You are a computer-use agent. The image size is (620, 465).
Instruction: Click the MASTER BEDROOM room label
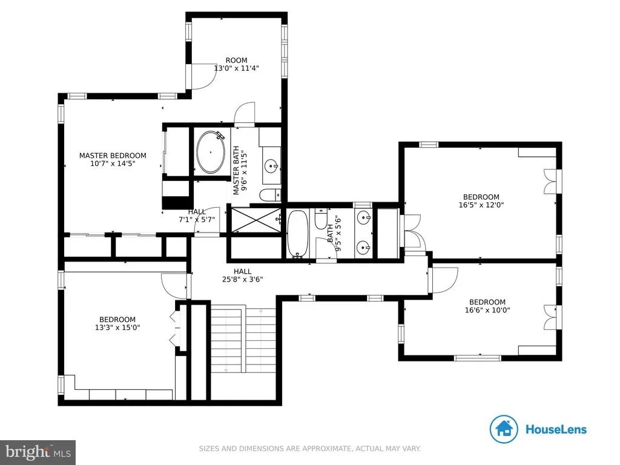coord(113,156)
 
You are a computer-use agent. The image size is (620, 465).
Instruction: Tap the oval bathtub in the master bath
coord(211,152)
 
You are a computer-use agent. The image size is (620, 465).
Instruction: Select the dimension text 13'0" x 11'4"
coord(237,68)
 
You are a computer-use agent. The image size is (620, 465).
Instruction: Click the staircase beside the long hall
coord(243,339)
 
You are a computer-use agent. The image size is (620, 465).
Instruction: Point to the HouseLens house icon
coord(504,429)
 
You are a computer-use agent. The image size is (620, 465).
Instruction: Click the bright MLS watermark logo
coord(38,452)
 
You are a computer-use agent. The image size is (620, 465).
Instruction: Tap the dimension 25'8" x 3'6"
coord(242,279)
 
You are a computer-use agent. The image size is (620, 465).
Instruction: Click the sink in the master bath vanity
coord(271,166)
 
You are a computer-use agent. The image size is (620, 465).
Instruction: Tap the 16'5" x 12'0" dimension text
coord(481,205)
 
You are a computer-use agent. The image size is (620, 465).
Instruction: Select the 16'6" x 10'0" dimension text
coord(487,310)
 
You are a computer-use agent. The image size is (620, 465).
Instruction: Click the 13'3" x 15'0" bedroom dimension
coord(117,328)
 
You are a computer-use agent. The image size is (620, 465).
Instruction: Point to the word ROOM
coord(237,60)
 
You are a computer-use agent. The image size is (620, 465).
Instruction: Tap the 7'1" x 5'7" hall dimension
coord(197,219)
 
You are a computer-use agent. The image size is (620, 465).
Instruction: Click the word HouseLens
coord(556,429)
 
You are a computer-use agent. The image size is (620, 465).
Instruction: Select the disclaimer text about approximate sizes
coord(309,449)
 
